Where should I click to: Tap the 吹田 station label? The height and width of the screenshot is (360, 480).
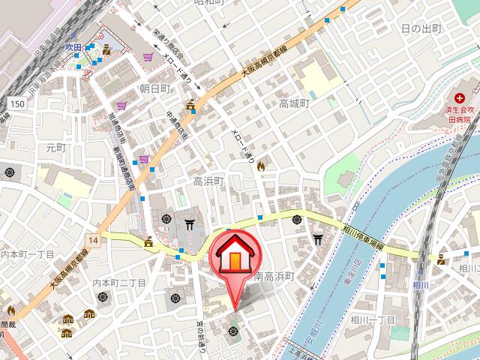coord(73,46)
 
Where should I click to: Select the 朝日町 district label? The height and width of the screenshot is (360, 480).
coord(155,88)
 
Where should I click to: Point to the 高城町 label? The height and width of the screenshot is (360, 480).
coord(294,103)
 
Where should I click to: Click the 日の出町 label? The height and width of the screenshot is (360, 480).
coord(421,28)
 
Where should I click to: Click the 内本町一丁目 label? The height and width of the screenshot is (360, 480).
coord(27,254)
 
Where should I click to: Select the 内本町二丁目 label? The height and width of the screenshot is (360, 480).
coord(118,282)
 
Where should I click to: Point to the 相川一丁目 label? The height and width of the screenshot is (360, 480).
coord(371,320)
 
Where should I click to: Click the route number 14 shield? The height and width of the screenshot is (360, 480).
coord(92,240)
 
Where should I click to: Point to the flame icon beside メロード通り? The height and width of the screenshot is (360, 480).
coord(261,166)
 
